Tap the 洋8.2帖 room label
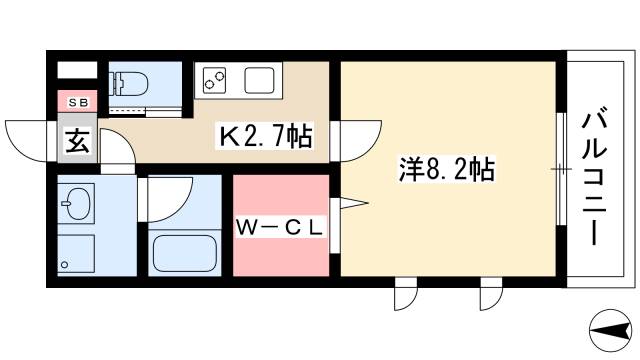click(x=446, y=169)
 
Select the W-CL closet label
click(x=280, y=228)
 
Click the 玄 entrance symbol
click(x=77, y=141)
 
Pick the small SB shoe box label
click(x=77, y=102)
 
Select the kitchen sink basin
click(x=259, y=79)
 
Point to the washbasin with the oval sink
click(x=76, y=208)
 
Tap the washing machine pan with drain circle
click(x=75, y=255)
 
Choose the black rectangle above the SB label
click(x=77, y=70)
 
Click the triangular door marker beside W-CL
click(x=352, y=205)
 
